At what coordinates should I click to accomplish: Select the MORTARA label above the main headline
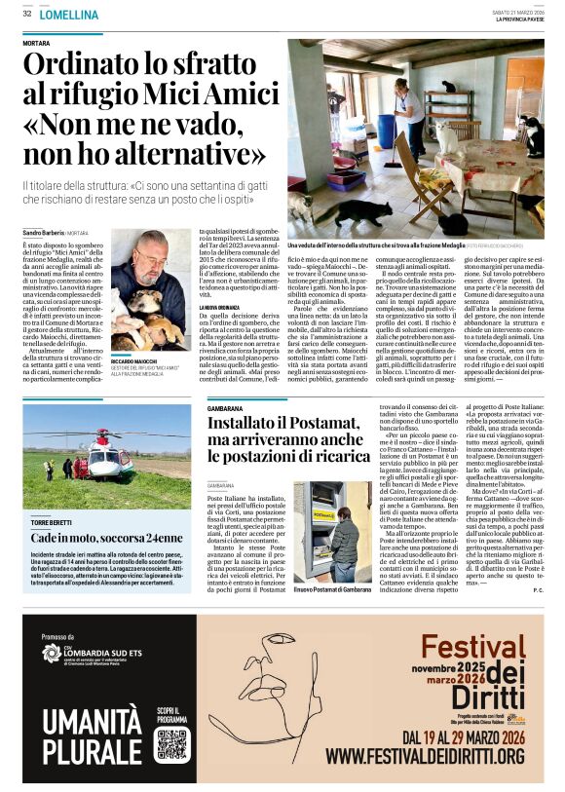click(x=36, y=45)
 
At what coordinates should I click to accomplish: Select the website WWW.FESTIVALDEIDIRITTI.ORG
click(x=428, y=755)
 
